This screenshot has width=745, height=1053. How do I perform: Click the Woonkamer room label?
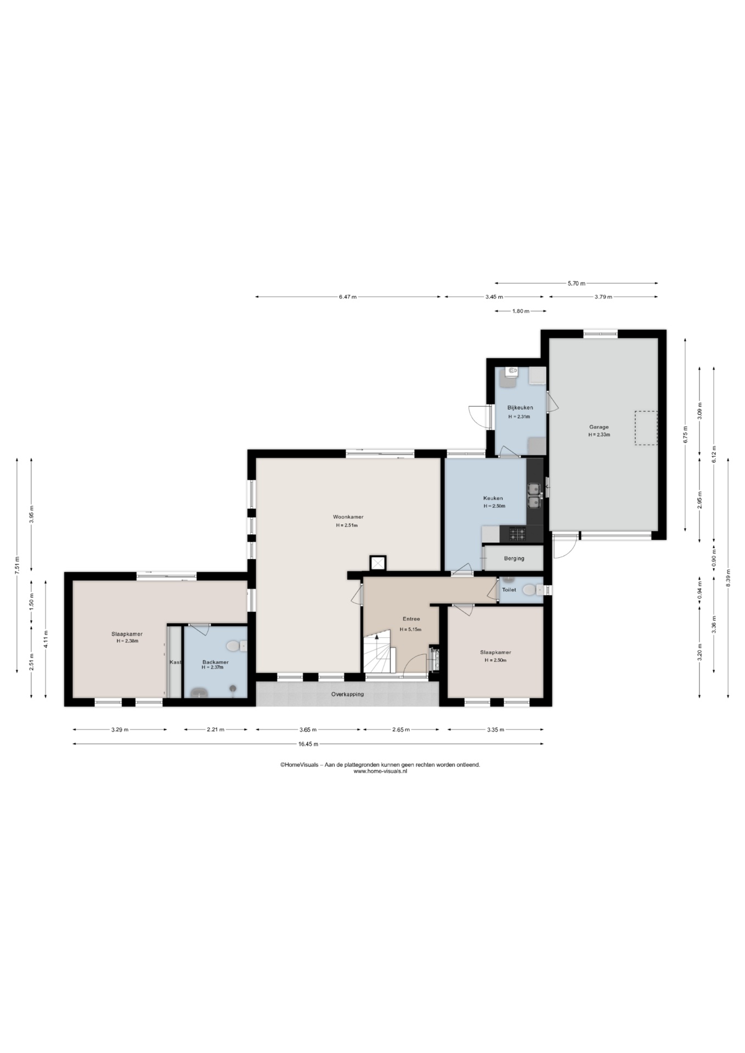click(348, 517)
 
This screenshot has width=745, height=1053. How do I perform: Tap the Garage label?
click(599, 427)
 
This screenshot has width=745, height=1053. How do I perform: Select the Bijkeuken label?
click(520, 407)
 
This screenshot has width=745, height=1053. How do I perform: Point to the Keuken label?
click(493, 498)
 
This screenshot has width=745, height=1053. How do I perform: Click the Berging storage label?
click(514, 558)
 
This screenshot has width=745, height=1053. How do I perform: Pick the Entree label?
click(411, 619)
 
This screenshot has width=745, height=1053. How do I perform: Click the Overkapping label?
click(347, 694)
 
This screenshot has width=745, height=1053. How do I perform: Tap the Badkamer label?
click(215, 662)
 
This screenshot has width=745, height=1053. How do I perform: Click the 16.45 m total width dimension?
click(308, 744)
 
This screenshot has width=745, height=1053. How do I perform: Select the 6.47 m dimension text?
click(347, 297)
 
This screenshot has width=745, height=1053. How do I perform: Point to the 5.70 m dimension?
click(576, 283)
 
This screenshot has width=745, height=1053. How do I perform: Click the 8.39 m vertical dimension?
click(728, 578)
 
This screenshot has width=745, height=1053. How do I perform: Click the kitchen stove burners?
click(517, 533)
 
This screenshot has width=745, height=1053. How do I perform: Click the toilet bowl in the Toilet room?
click(529, 590)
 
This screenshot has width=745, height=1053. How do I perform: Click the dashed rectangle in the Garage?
click(646, 428)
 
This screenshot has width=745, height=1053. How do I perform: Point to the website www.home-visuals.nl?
click(380, 771)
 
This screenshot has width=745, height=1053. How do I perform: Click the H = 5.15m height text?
click(410, 629)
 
